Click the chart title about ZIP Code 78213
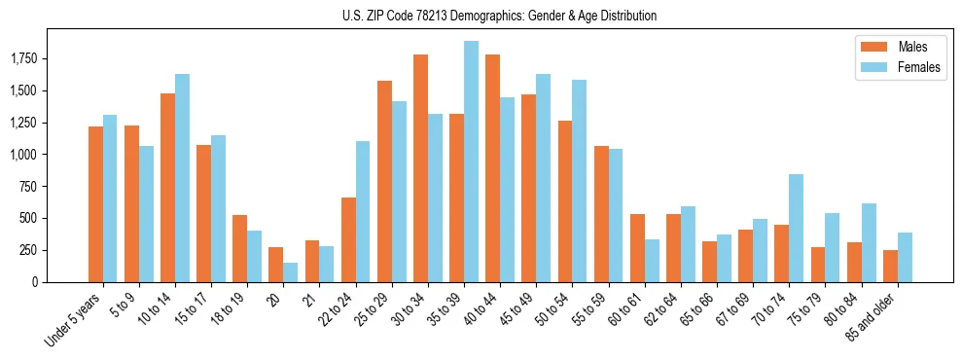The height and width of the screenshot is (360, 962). (499, 16)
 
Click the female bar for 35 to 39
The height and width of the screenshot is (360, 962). (471, 162)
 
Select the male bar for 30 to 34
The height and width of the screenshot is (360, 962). (420, 168)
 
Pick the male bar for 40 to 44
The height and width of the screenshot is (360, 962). (492, 168)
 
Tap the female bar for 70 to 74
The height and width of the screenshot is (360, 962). (796, 228)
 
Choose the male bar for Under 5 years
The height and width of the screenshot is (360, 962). (95, 204)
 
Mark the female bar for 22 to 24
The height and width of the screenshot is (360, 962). (362, 211)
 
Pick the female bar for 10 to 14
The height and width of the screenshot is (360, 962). (182, 178)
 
